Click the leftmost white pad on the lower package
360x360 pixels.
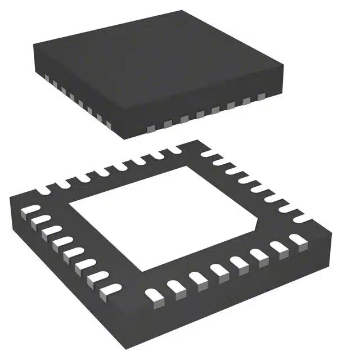click(x=25, y=213)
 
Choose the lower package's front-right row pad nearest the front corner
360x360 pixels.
click(x=151, y=295)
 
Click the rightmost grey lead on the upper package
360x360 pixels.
click(x=261, y=97)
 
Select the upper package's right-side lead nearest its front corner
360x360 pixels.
click(x=150, y=128)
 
